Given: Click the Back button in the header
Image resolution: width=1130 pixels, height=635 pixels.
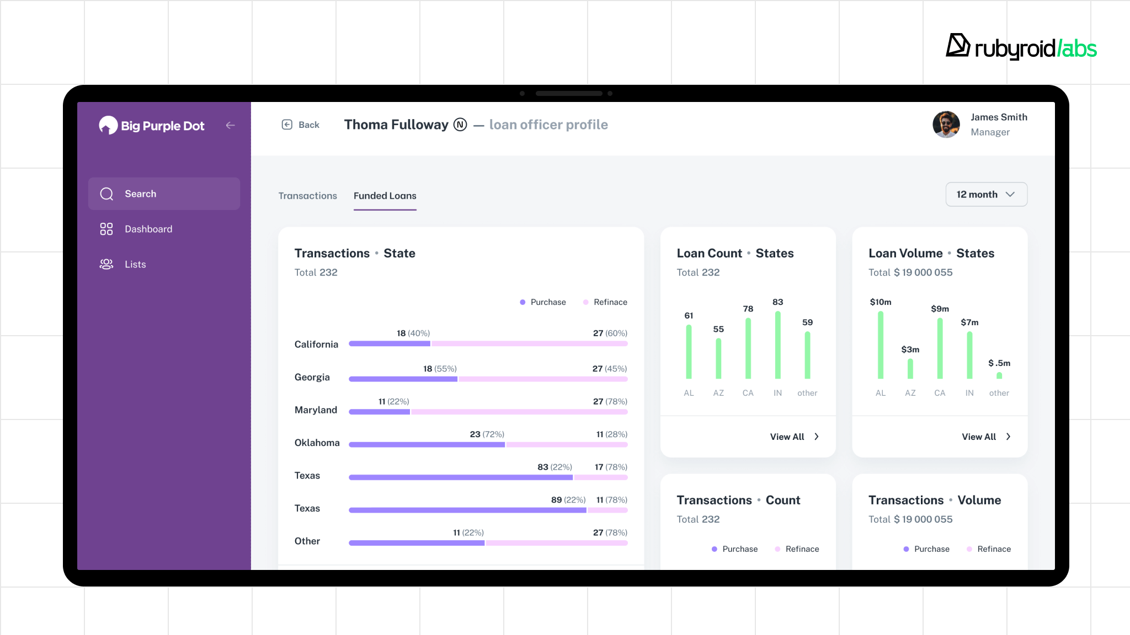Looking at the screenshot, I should [x=301, y=125].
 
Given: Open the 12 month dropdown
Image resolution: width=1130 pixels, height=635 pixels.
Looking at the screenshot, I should [x=986, y=195].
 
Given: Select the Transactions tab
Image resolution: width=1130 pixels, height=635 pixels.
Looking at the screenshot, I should [x=307, y=196].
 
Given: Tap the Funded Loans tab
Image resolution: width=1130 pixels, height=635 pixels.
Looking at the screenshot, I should [x=385, y=196].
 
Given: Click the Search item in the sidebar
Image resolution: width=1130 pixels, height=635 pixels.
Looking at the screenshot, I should [x=164, y=194].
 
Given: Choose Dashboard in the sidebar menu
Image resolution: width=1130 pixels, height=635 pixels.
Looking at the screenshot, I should [x=148, y=229].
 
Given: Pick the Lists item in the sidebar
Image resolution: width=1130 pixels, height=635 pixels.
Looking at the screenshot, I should [x=135, y=265].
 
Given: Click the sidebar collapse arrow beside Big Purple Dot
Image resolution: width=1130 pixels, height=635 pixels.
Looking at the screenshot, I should [x=231, y=126].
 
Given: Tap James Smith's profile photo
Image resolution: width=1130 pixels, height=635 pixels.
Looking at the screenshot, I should [x=946, y=125].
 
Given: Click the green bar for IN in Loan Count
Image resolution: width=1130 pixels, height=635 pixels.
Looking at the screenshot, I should [x=777, y=346].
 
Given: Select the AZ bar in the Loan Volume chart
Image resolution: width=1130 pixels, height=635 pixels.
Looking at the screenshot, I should [x=910, y=369].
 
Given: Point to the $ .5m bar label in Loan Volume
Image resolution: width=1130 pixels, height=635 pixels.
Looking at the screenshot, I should [x=999, y=363].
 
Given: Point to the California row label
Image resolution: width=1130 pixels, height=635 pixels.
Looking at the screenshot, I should [x=316, y=345].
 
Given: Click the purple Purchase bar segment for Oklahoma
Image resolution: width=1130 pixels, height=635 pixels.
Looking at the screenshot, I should [x=427, y=445].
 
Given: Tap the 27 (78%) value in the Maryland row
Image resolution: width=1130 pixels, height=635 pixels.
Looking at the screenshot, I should [x=610, y=402].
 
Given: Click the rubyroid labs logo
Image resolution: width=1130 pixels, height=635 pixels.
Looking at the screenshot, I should [x=1021, y=47].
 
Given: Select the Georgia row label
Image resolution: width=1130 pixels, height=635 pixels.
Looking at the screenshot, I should [x=312, y=378].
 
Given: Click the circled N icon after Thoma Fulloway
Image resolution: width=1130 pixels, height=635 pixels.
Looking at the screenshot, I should [x=460, y=125].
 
